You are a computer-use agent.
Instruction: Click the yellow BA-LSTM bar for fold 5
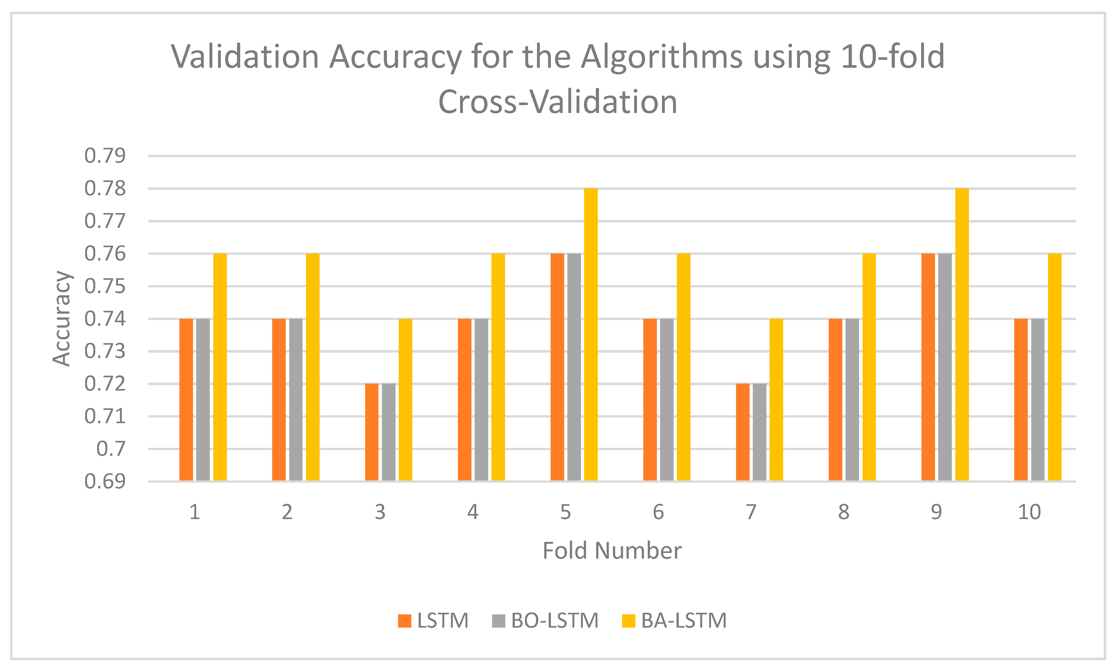[x=590, y=334]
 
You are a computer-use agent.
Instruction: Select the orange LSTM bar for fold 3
[x=371, y=432]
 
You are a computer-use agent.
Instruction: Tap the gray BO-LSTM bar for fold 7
[x=759, y=432]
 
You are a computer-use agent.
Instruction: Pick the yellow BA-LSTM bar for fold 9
[x=962, y=334]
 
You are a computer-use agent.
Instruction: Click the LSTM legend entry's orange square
[x=405, y=621]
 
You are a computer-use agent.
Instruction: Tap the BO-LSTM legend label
[x=555, y=621]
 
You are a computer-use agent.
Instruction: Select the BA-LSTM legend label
[x=683, y=621]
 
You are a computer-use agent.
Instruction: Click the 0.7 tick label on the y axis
[x=111, y=449]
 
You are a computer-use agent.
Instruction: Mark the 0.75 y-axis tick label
[x=105, y=286]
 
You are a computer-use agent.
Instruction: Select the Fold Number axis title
[x=612, y=551]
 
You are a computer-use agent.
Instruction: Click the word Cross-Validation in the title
[x=558, y=102]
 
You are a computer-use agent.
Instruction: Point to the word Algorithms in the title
[x=661, y=57]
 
